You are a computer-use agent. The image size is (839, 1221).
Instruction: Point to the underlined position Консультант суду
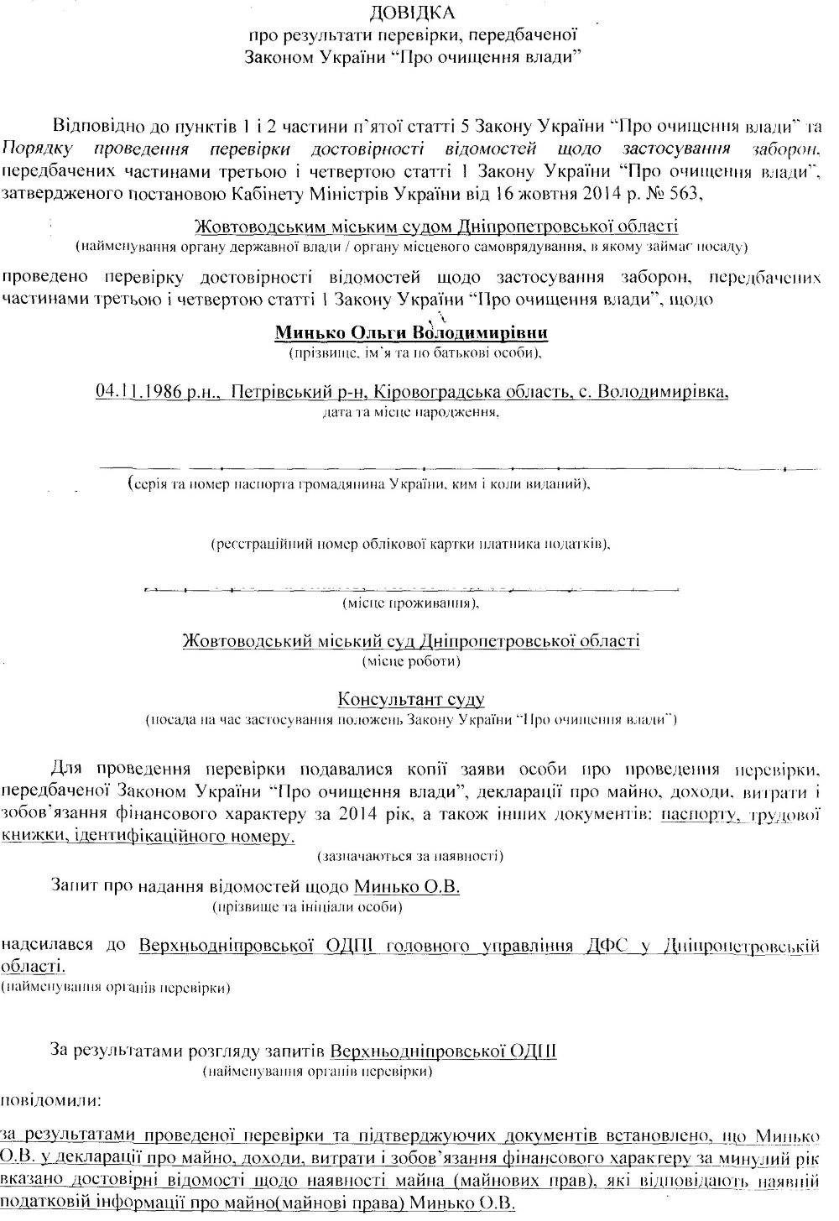coord(411,699)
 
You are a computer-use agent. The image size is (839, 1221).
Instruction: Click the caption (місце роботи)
coord(411,661)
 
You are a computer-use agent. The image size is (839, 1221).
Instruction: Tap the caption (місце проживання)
coord(411,603)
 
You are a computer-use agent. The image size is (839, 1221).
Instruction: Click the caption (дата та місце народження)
coord(411,413)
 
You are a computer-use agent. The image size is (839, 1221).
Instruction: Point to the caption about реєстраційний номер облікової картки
coord(411,545)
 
